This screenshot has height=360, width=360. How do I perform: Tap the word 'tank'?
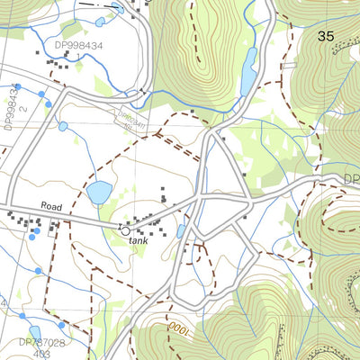point(138,240)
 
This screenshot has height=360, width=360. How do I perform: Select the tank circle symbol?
point(124,230)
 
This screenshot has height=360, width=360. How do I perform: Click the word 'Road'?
point(51,207)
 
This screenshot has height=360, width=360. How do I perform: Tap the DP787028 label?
point(41,342)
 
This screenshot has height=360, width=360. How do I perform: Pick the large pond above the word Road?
point(99,192)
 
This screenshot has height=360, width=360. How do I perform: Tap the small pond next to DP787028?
point(36,332)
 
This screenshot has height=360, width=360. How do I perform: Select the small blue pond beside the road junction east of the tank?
point(183,232)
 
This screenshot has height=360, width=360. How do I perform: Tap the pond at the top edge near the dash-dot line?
point(118,8)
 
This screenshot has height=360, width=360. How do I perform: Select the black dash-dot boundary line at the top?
point(94,4)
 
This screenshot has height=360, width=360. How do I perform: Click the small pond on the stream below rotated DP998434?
point(63,126)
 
